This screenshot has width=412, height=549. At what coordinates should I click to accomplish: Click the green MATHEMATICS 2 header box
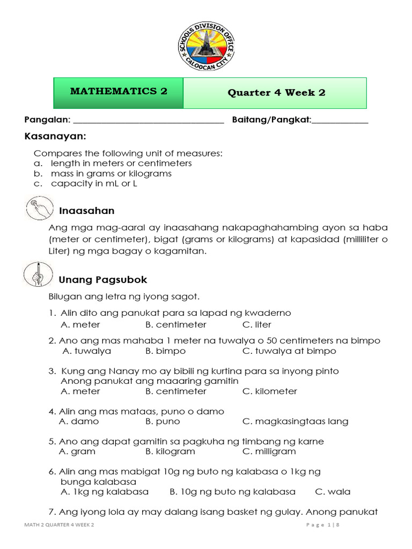point(119,92)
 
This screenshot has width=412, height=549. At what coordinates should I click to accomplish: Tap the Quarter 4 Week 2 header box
point(276,93)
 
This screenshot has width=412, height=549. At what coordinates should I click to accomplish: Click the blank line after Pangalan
point(148,122)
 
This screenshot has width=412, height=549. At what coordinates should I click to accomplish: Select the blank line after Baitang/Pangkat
point(340,122)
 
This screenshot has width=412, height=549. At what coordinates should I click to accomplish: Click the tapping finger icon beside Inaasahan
point(39,209)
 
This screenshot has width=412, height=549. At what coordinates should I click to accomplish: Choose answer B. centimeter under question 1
point(175,324)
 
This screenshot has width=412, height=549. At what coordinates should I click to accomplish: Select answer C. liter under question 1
point(256,324)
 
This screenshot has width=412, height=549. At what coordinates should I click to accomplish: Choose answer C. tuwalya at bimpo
point(289,351)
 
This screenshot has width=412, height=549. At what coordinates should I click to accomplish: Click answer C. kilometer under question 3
point(269,391)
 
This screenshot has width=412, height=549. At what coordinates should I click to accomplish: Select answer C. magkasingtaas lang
point(295,421)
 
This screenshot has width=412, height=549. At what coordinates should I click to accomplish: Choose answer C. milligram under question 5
point(269,451)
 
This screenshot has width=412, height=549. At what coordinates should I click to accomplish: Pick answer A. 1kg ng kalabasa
point(105,491)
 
